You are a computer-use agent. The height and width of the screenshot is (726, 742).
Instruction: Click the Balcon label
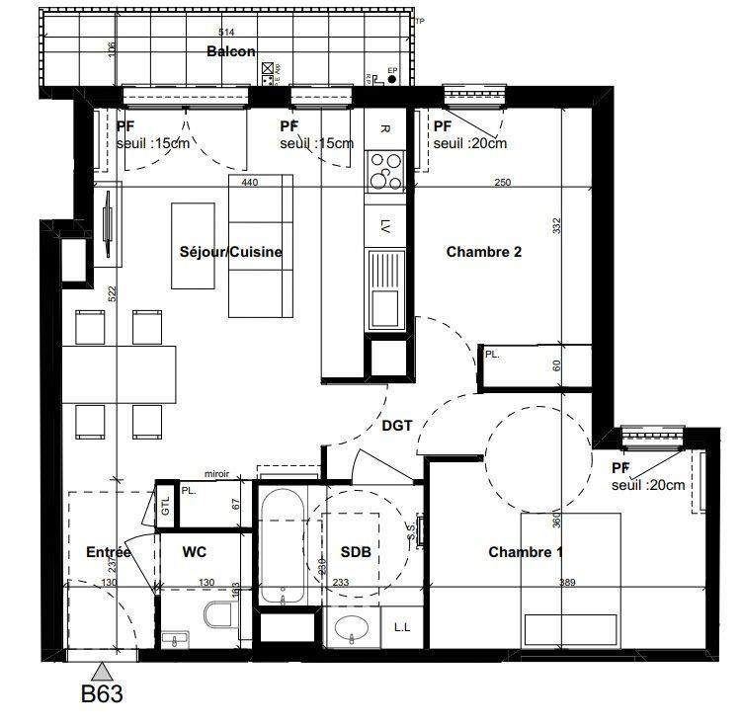(231, 51)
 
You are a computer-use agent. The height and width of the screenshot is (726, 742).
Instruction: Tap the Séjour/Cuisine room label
(231, 252)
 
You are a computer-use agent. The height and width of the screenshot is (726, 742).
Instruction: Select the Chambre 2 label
(484, 252)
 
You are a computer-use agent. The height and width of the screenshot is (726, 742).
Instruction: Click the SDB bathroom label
(356, 552)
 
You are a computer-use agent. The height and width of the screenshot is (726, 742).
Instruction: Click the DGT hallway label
(396, 426)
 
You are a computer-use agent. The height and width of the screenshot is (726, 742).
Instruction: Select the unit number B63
(102, 694)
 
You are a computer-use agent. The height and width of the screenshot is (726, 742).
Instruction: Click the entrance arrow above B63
(103, 672)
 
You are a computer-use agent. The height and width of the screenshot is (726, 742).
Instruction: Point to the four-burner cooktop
(384, 170)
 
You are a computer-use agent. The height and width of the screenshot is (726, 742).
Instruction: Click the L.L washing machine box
(402, 627)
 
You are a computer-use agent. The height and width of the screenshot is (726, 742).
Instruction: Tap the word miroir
(216, 474)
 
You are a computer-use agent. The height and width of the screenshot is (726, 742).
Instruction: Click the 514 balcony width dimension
(226, 33)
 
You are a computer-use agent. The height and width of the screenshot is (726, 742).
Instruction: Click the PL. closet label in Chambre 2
(491, 353)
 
